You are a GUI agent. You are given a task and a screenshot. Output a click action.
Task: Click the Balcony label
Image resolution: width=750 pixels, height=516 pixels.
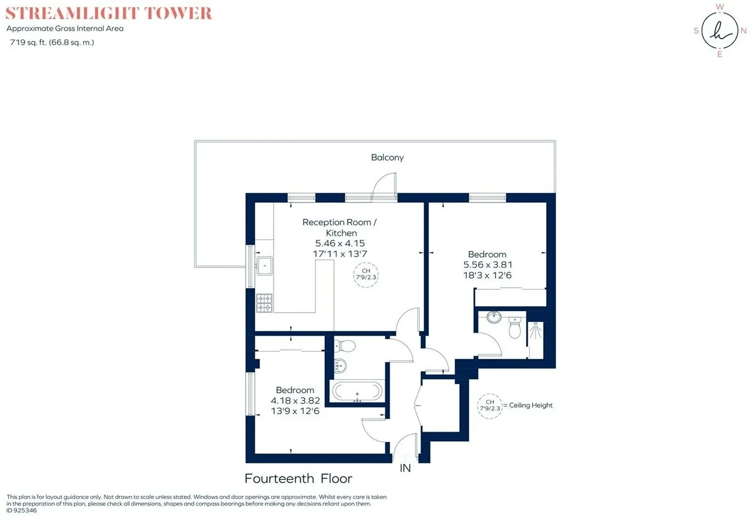(387, 157)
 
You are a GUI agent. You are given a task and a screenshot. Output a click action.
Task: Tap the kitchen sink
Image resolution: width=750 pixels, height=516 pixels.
(264, 266)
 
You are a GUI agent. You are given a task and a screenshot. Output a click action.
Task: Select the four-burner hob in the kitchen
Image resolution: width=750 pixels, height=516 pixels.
(264, 303)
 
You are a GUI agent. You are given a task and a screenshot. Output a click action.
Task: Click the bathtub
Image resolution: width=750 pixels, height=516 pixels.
(357, 391)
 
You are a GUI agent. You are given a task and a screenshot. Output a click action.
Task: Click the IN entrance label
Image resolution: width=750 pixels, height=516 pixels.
(405, 468)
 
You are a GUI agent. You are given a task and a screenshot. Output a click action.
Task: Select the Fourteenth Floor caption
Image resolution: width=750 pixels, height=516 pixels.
(298, 478)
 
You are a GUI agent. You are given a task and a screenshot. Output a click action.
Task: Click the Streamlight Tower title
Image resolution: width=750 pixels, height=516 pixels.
(109, 13)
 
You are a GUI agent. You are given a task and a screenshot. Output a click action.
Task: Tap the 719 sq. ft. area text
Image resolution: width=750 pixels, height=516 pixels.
(52, 42)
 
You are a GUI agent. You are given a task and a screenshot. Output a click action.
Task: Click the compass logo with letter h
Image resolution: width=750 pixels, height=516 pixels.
(720, 31)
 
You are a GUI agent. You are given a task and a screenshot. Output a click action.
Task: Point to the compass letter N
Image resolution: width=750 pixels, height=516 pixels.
(744, 31)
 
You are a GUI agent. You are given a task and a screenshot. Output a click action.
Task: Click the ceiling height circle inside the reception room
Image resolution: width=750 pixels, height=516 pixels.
(366, 275)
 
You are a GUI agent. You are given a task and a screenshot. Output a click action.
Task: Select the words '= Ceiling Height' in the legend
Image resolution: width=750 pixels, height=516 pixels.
(527, 405)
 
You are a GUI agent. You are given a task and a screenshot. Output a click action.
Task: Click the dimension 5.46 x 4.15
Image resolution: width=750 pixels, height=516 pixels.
(340, 243)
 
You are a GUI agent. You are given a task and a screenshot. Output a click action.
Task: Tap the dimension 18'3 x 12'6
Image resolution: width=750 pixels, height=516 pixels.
(488, 275)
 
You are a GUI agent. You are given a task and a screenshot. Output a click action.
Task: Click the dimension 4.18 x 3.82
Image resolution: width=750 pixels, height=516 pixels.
(295, 400)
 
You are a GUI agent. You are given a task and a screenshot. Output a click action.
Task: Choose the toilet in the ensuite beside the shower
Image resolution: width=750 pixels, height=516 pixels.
(515, 327)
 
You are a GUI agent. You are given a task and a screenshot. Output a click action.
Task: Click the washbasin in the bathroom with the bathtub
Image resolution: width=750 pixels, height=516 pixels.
(340, 365)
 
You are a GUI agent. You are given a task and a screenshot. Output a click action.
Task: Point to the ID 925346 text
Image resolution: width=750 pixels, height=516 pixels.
(22, 510)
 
